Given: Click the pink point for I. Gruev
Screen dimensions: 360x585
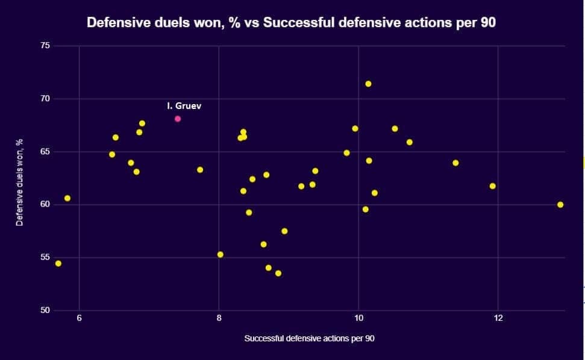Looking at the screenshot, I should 178,119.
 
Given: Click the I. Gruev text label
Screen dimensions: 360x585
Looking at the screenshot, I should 184,105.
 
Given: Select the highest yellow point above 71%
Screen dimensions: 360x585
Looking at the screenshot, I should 368,84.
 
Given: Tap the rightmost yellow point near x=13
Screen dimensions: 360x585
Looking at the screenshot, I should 560,205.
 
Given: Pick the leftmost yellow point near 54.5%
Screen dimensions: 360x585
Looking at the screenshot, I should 58,263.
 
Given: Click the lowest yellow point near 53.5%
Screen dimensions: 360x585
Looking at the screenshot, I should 278,273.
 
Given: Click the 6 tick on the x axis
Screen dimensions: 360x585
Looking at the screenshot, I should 79,318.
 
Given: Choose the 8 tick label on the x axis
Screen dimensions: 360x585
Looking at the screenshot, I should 219,318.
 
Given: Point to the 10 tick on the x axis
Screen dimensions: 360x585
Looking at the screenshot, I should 358,318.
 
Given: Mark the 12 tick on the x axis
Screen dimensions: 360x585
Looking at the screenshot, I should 498,318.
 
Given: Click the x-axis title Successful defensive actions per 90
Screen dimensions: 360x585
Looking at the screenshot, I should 309,338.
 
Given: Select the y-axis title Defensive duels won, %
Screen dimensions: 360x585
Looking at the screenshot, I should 19,182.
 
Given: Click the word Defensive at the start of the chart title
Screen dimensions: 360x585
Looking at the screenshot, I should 115,23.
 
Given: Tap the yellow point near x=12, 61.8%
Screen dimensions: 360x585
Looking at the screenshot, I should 492,186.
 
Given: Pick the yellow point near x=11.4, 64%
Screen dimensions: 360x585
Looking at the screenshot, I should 455,163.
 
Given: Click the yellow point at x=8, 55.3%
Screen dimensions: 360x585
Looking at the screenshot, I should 220,255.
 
